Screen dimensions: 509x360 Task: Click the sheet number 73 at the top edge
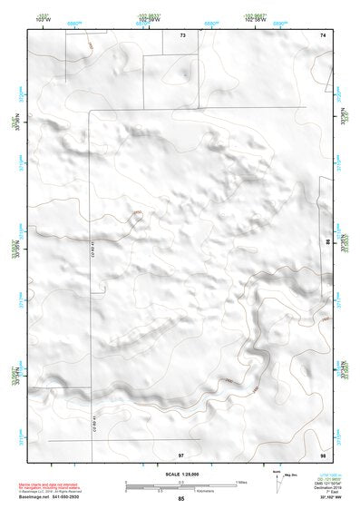coord(181,34)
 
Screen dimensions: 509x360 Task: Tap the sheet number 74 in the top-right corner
coord(323,34)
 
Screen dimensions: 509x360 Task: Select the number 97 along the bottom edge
coord(180,453)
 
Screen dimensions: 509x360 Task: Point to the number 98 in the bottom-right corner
coord(323,453)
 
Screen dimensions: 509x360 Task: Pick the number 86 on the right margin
coord(328,243)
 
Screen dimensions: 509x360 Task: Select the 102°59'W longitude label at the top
coord(148,20)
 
